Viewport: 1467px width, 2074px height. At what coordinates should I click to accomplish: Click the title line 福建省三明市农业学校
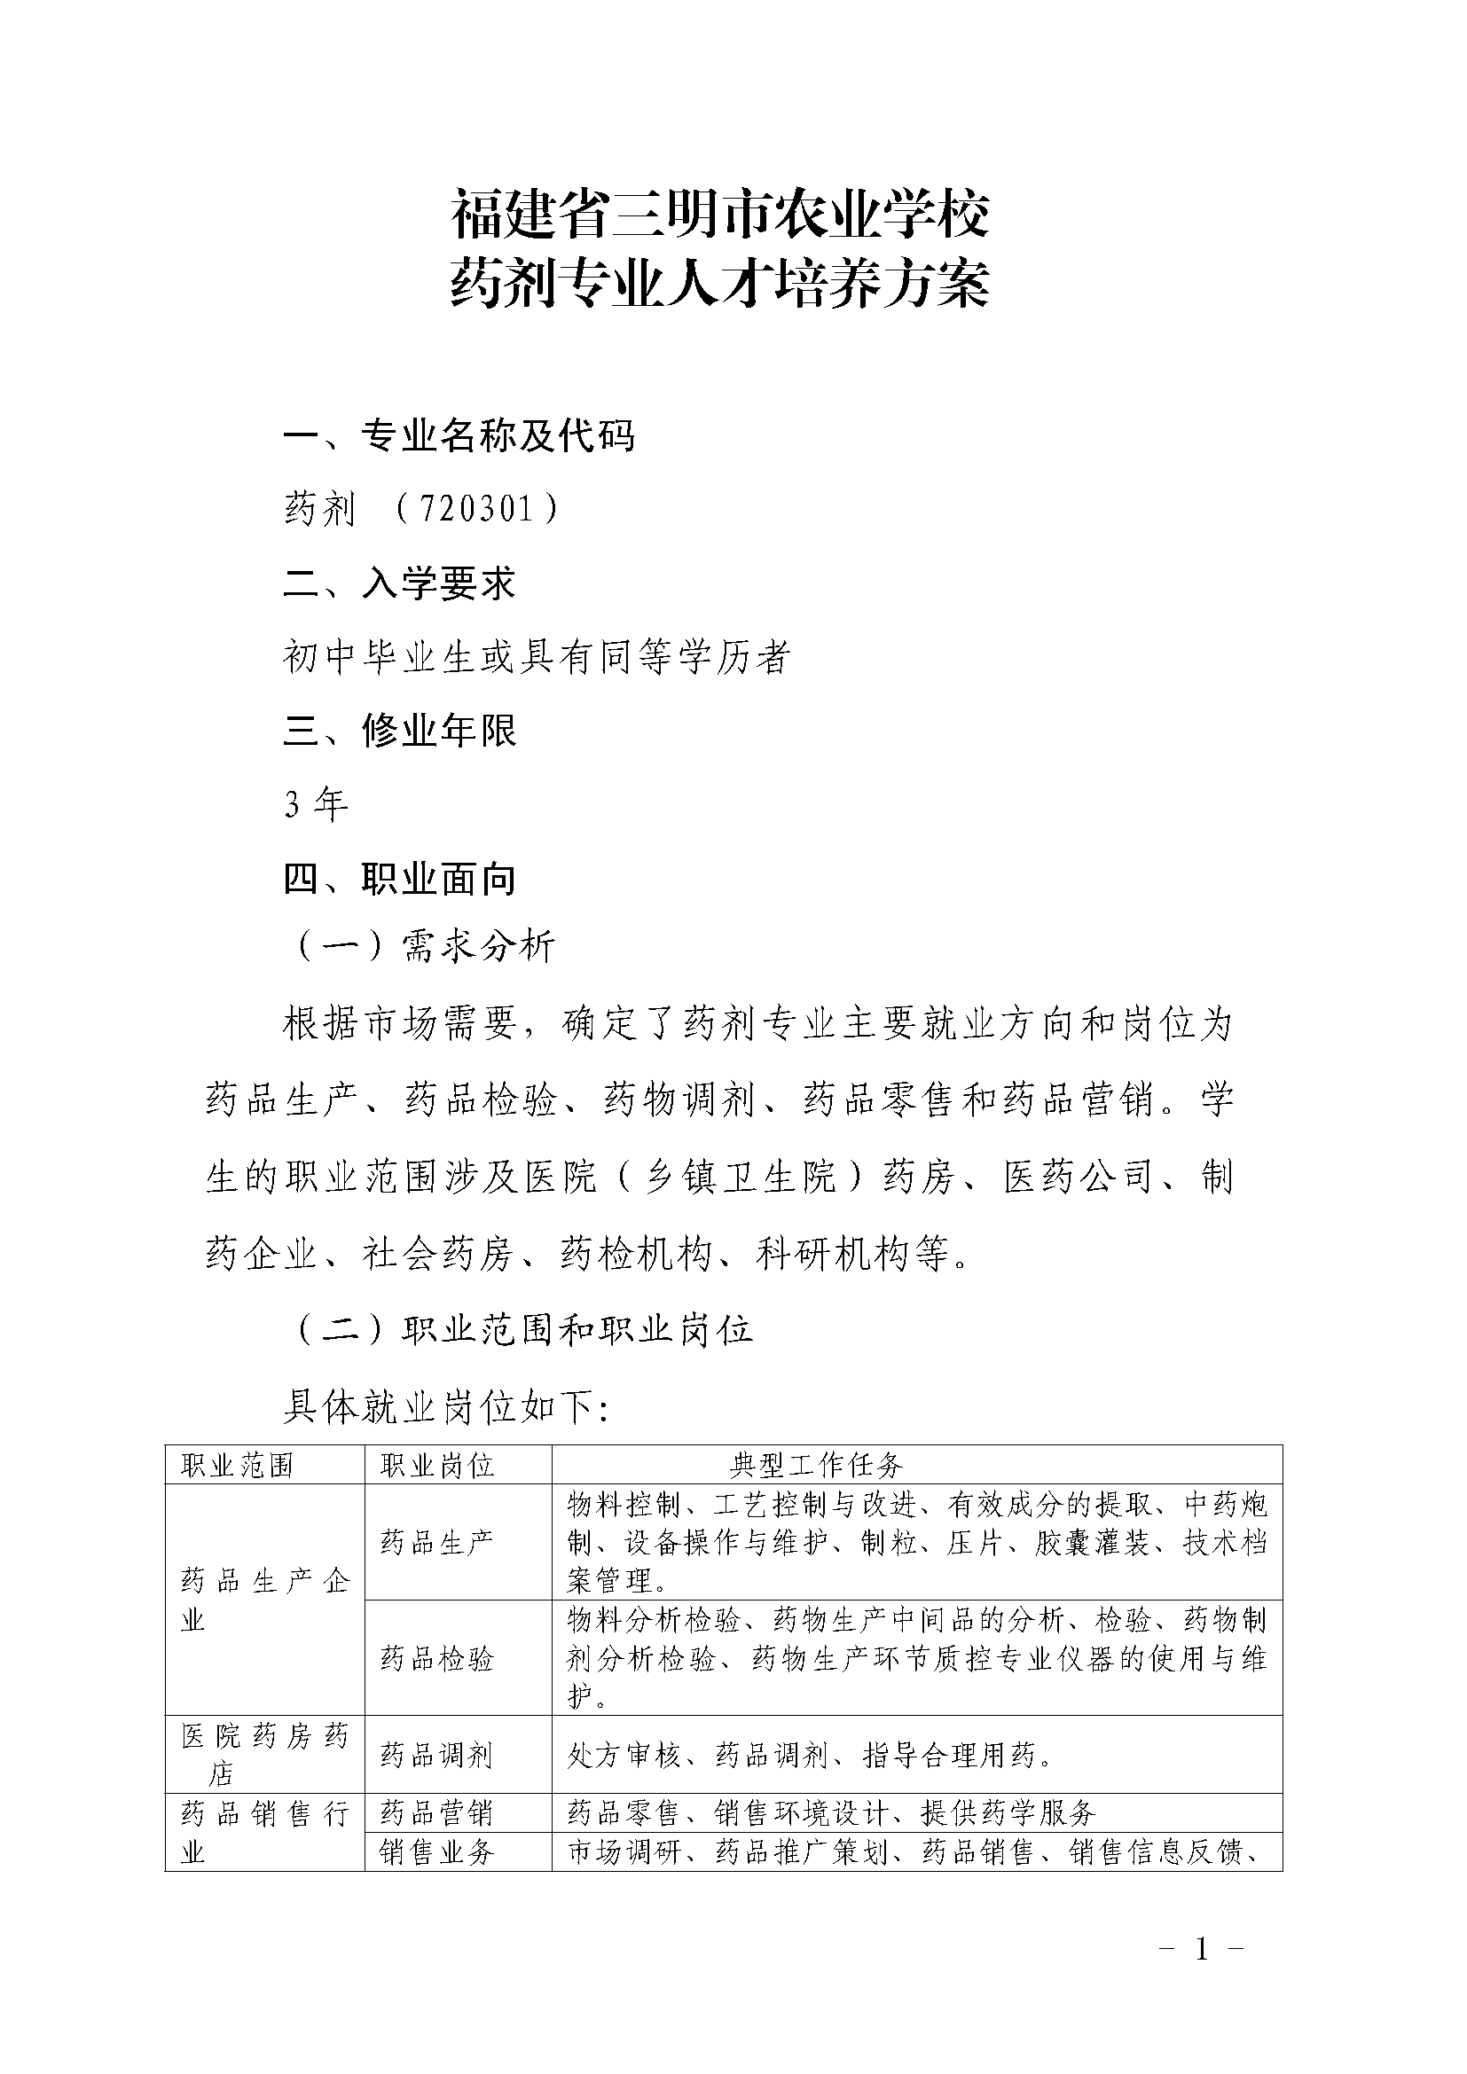720,215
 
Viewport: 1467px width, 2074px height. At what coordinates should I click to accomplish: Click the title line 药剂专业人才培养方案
720,284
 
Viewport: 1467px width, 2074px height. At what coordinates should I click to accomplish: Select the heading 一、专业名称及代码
459,436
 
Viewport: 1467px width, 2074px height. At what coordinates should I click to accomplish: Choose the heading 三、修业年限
399,730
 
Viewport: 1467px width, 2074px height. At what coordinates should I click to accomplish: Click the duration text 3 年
315,803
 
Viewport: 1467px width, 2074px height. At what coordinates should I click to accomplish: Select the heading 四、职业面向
399,878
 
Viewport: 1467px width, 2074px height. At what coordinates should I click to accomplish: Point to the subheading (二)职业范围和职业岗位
524,1330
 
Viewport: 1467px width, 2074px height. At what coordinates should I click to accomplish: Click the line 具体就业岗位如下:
446,1406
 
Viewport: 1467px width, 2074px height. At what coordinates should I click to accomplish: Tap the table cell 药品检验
437,1657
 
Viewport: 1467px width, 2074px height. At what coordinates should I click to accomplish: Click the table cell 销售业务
437,1851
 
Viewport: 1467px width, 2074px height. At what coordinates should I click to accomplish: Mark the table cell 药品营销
437,1813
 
